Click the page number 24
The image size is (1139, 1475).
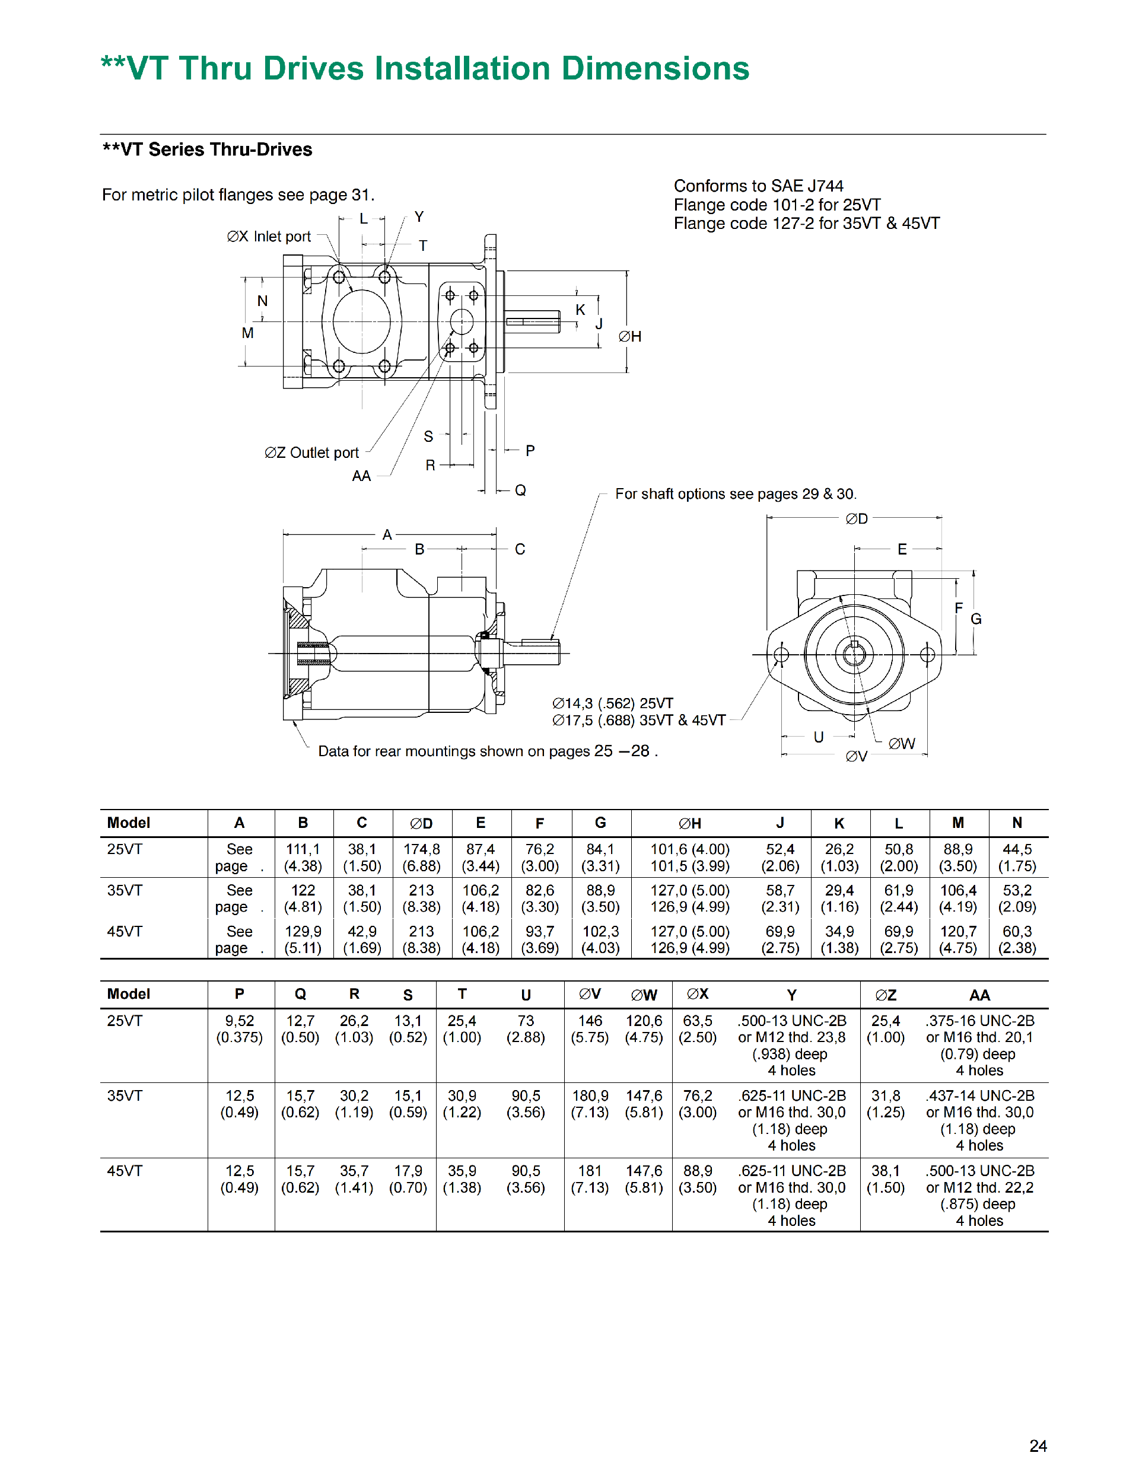click(1038, 1445)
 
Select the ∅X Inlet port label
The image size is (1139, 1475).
click(269, 237)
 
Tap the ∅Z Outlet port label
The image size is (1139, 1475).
click(311, 453)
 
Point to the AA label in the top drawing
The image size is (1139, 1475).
click(361, 476)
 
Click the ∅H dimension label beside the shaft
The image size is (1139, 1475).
click(629, 336)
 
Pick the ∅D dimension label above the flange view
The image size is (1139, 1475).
click(857, 519)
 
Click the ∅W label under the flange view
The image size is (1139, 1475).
click(901, 744)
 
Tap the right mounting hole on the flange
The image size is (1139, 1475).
click(928, 654)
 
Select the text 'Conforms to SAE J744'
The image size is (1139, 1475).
click(758, 186)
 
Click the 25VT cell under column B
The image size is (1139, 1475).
click(303, 857)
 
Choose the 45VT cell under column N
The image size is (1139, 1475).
click(1017, 939)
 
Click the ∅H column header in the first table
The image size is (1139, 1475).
click(690, 823)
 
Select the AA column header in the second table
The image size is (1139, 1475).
click(979, 995)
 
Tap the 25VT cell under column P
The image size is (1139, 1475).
click(239, 1028)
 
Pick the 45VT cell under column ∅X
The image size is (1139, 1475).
click(697, 1178)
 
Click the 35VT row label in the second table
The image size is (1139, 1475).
click(125, 1095)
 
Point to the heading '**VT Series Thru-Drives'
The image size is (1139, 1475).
click(208, 149)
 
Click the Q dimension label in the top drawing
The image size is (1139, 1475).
click(520, 490)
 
